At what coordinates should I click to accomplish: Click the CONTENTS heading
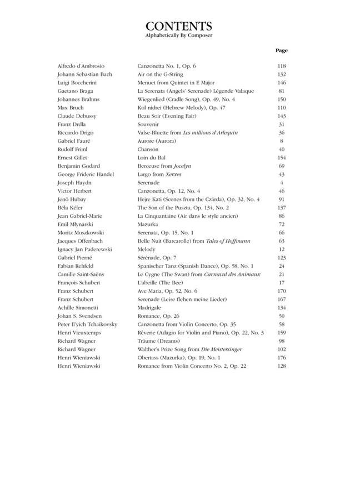(179, 26)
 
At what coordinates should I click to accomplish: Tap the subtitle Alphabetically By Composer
(179, 36)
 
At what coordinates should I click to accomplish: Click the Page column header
(281, 51)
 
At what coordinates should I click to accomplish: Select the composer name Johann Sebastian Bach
(84, 74)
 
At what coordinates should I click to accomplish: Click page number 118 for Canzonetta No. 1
(281, 66)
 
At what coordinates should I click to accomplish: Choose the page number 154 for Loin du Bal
(281, 158)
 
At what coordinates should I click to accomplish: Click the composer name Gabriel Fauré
(73, 141)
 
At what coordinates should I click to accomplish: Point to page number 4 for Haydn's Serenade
(282, 183)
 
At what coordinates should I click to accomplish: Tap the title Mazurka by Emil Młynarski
(148, 224)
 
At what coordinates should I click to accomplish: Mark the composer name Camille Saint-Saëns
(81, 274)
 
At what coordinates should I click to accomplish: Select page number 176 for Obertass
(281, 358)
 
